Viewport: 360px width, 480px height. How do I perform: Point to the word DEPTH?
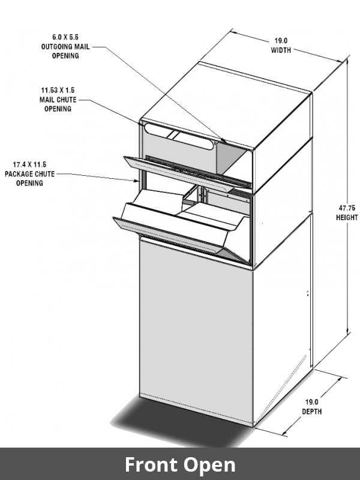coord(312,412)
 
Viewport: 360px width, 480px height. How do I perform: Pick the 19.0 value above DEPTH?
coord(312,402)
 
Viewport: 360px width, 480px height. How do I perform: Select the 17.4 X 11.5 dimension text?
coord(29,164)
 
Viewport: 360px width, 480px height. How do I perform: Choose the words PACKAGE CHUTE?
coord(29,173)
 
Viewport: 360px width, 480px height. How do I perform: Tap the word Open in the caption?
coord(209,464)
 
